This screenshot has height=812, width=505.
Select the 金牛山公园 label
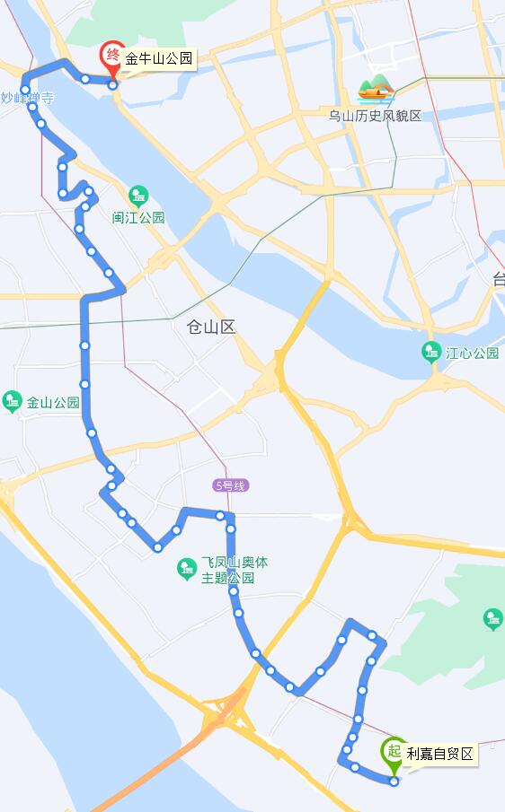(159, 60)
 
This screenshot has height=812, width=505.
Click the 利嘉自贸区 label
(439, 754)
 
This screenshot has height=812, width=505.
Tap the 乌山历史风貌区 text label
(375, 116)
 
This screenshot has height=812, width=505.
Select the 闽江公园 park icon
(137, 195)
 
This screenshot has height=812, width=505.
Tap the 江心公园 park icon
(432, 352)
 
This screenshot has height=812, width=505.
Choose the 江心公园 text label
(472, 353)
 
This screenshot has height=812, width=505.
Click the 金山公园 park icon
(12, 402)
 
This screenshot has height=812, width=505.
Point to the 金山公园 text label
(53, 403)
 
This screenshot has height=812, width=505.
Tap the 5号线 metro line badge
(230, 485)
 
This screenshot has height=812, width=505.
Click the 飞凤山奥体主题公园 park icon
(187, 567)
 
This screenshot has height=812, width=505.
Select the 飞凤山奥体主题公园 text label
(234, 570)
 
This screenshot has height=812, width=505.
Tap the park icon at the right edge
(492, 619)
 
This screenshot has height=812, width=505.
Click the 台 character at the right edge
(499, 280)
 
